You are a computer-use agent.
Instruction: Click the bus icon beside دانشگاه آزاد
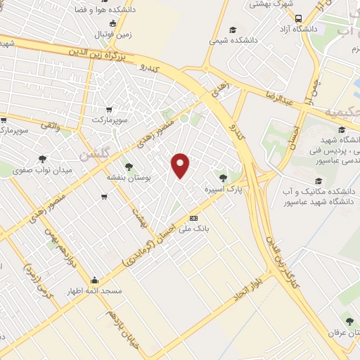click(300, 19)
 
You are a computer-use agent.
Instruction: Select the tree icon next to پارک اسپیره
click(224, 178)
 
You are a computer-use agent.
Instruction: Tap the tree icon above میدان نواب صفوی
click(41, 159)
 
